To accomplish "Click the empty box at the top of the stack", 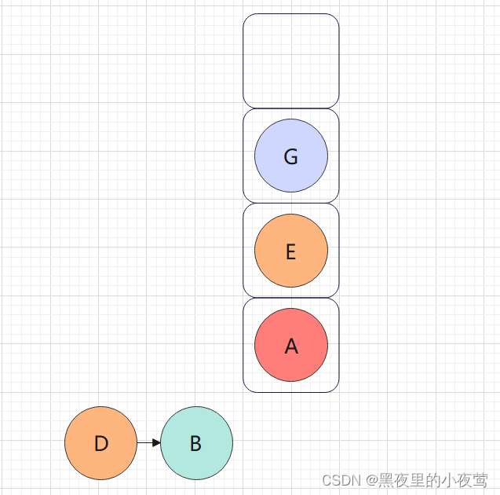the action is tap(290, 60).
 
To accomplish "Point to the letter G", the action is tap(290, 157).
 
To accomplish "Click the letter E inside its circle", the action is tap(290, 252).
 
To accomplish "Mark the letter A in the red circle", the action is tap(291, 346).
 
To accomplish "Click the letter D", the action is tap(100, 444).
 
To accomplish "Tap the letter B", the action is tap(196, 444).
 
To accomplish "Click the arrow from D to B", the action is tap(146, 443).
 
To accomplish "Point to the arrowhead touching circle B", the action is tap(156, 443).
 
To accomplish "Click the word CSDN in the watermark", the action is tap(340, 480).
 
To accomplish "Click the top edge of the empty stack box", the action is tap(290, 14).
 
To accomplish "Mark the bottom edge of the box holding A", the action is tap(290, 391).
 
